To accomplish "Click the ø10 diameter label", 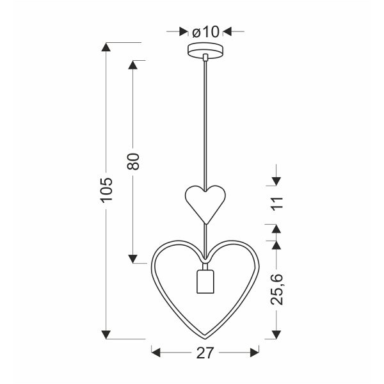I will click(205, 31).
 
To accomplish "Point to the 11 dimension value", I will click(276, 203).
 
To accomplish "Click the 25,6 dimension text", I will click(276, 290).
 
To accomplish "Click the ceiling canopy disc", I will click(205, 50).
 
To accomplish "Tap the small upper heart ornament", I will click(205, 200).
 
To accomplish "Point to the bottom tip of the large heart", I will click(205, 337).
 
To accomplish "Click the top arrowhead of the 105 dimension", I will click(106, 47).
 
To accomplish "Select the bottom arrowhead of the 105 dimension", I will click(106, 335).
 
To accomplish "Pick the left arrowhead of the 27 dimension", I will click(156, 351).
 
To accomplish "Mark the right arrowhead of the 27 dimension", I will click(254, 351).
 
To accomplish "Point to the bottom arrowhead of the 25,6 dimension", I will click(276, 335).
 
